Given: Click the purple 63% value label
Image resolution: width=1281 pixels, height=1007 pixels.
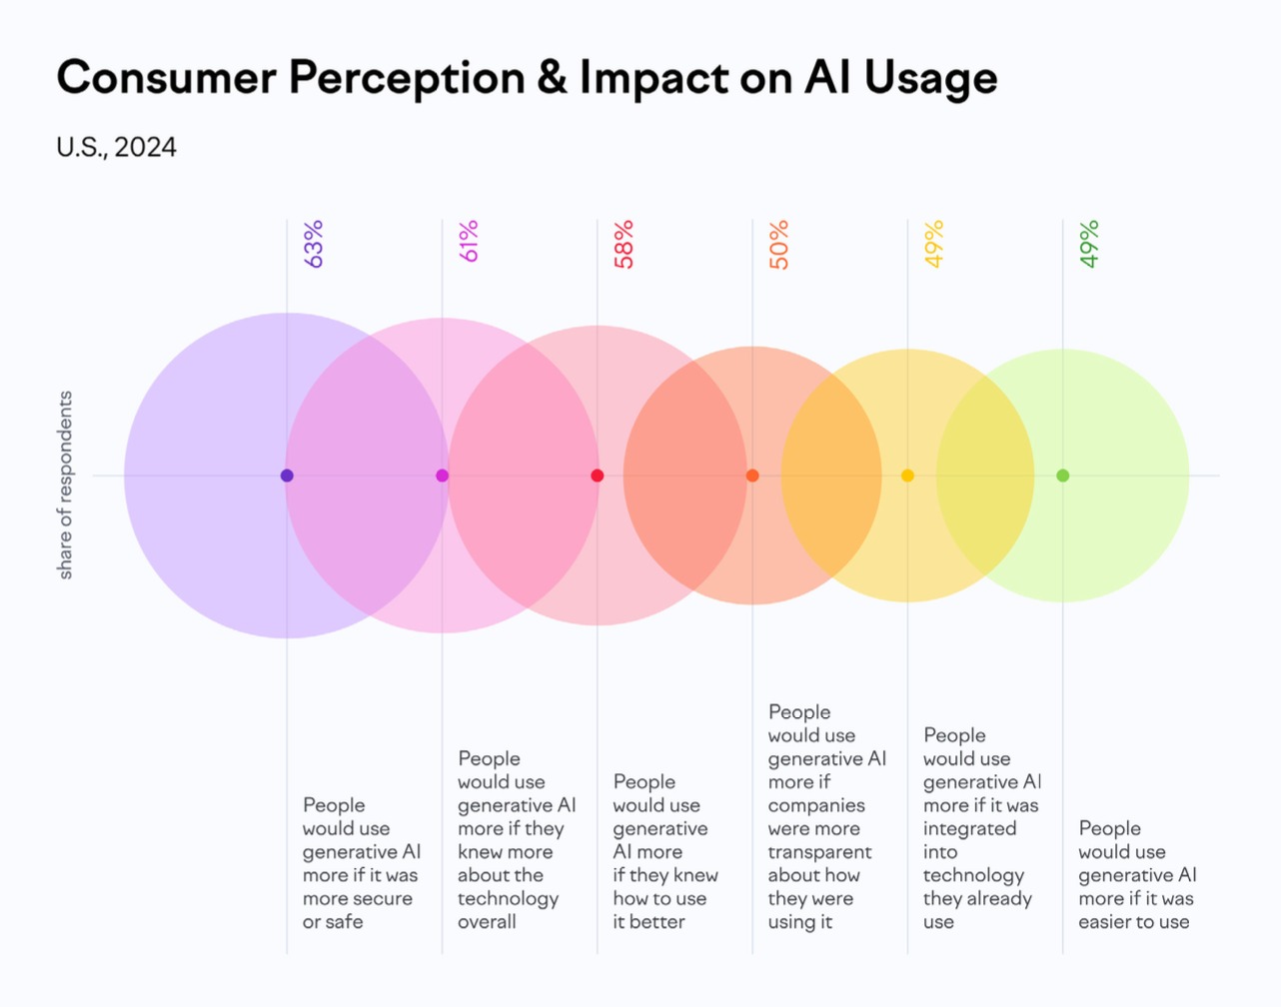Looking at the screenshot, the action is (x=313, y=244).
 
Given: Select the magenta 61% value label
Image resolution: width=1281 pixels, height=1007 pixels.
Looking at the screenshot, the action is (x=469, y=241).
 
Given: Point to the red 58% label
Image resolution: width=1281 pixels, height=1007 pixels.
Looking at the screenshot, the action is (x=624, y=245).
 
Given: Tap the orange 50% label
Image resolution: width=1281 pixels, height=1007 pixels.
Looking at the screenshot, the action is (x=778, y=245).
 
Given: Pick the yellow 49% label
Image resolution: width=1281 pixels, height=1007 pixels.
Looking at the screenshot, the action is (x=934, y=244).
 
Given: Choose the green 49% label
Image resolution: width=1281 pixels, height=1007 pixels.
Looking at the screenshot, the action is (x=1089, y=244).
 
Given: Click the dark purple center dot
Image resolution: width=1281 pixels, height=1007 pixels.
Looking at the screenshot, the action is (x=287, y=476).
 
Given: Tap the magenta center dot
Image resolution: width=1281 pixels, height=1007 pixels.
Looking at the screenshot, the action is (x=443, y=476).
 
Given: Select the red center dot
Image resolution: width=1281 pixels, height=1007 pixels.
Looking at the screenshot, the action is (x=598, y=476).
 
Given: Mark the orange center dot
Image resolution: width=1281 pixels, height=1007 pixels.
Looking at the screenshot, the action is (x=752, y=476).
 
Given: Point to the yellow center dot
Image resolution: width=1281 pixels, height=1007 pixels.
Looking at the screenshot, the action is (x=907, y=476).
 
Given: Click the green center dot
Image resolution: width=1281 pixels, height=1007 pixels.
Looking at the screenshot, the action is (x=1063, y=476).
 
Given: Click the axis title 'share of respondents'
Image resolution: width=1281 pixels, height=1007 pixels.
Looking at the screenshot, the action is (x=64, y=486).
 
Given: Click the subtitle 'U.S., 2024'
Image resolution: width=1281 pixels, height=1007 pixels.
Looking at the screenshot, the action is (x=116, y=147).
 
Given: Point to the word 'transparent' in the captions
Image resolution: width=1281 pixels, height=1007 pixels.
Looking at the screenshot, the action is (x=819, y=852).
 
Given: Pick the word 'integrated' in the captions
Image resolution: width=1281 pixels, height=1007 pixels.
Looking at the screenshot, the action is (x=969, y=829).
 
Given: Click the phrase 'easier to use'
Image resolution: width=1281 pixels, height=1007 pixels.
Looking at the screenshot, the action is (x=1134, y=922).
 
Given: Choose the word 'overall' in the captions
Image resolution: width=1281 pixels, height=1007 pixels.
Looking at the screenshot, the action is (x=487, y=922).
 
